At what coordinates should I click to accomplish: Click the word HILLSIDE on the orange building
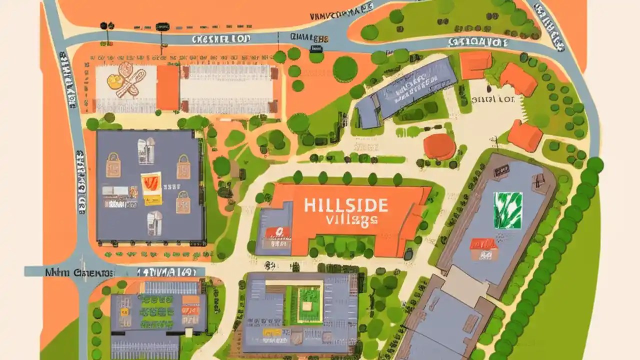click(x=345, y=205)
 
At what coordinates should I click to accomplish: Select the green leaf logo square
click(x=507, y=210)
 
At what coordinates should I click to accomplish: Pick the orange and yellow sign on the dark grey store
click(x=151, y=188)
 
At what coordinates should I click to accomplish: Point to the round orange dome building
click(x=439, y=146)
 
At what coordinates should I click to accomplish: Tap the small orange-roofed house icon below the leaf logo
click(x=483, y=248)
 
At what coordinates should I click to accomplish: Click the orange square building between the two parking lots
click(x=167, y=87)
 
